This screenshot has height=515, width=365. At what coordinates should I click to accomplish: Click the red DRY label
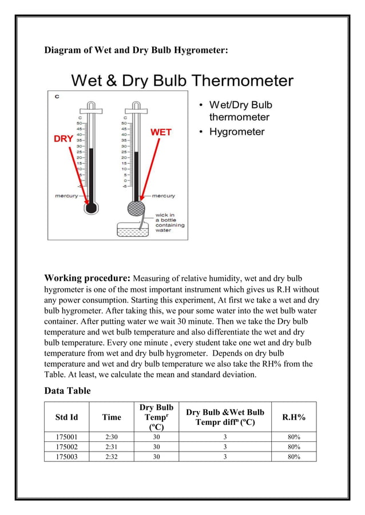pos(63,139)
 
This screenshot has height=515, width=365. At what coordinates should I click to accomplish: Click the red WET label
pos(161,132)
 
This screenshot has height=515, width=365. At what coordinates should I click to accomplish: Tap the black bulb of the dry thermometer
pos(91,208)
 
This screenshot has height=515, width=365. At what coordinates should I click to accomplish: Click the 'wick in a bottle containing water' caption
pos(170,223)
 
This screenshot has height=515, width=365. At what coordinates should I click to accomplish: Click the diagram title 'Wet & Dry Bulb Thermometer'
pos(182,81)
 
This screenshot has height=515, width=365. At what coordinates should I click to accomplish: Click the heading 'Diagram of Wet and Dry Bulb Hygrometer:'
pos(136,50)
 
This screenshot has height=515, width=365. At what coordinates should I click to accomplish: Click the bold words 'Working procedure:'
pos(88,279)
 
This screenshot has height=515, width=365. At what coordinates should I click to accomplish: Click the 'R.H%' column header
pos(294,417)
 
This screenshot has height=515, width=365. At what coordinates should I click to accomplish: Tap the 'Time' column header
pos(112,417)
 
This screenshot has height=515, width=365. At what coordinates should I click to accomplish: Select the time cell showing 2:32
pos(112,457)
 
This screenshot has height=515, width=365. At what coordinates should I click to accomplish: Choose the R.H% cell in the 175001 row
pos(294,437)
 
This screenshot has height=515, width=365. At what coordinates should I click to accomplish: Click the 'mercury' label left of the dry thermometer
pos(66,196)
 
